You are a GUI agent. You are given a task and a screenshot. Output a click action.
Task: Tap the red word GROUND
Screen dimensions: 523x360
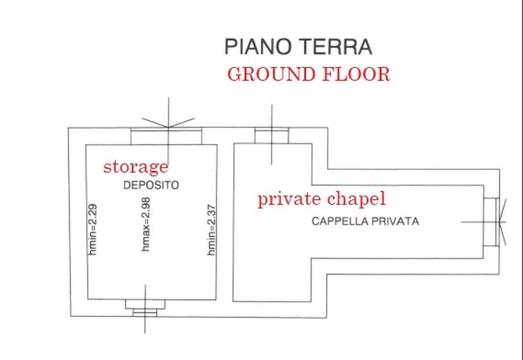click(x=271, y=74)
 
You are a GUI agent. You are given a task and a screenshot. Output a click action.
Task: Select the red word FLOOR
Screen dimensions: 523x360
click(x=356, y=74)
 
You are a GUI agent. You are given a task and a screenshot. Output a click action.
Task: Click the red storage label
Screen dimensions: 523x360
click(x=136, y=167)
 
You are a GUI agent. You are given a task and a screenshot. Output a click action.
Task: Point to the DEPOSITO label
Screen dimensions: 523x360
click(x=151, y=185)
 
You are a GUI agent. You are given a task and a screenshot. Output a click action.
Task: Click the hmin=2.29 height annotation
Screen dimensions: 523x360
click(x=93, y=230)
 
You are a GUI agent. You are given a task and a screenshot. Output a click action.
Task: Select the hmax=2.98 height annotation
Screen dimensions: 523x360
click(x=146, y=224)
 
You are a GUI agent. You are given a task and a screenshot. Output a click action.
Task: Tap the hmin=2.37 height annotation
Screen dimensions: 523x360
click(x=212, y=230)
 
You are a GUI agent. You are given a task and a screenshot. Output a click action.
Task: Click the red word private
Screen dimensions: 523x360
click(x=289, y=199)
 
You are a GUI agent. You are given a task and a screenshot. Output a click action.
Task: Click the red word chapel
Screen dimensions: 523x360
click(x=356, y=199)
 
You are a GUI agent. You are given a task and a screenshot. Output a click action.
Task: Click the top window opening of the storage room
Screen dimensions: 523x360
click(x=166, y=136)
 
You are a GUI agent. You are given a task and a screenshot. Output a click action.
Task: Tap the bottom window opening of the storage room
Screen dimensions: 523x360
click(x=145, y=308)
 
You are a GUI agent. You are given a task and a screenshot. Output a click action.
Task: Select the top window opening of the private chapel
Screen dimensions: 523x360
click(x=272, y=136)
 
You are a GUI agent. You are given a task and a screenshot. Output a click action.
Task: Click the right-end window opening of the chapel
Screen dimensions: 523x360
click(x=491, y=222)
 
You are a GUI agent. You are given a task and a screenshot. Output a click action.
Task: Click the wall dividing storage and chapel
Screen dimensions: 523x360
click(x=225, y=222)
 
